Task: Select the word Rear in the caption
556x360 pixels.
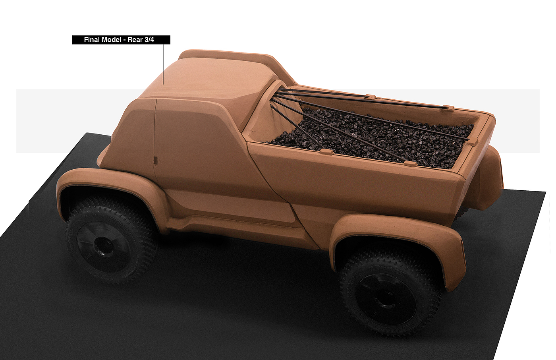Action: click(x=135, y=40)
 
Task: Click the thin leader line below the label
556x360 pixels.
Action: click(x=163, y=64)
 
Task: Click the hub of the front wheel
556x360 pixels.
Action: click(x=101, y=242)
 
